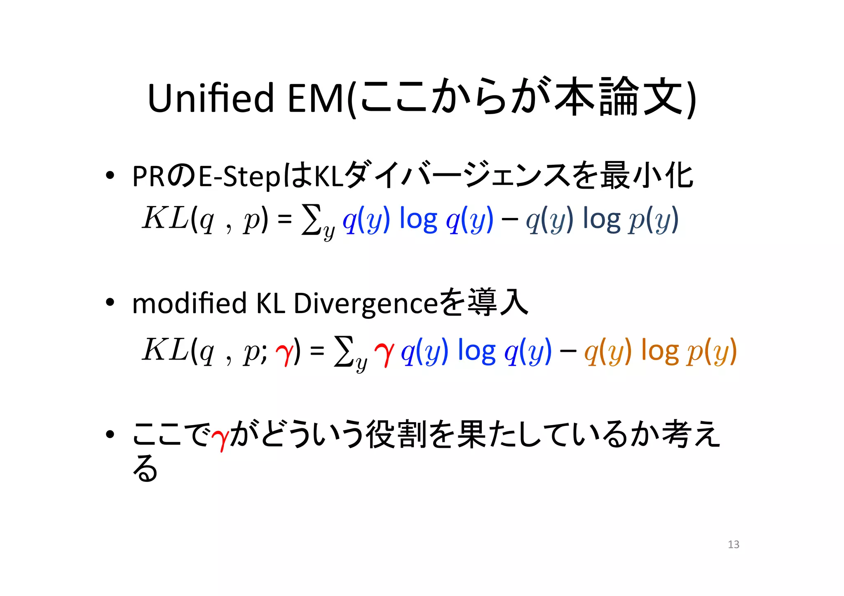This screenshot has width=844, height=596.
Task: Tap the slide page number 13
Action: pos(734,545)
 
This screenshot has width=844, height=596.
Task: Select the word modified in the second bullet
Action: pos(189,303)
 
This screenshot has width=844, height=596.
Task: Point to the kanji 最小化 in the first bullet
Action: pos(647,176)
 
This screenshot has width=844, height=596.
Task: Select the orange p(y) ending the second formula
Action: pos(712,351)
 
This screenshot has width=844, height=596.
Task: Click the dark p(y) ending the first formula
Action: pos(654,220)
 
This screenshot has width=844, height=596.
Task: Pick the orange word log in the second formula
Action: pos(660,351)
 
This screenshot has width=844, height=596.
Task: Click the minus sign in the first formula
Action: pos(510,220)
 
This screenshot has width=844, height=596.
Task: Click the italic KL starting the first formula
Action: pos(165,218)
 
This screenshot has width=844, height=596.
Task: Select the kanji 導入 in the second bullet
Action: pos(498,302)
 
